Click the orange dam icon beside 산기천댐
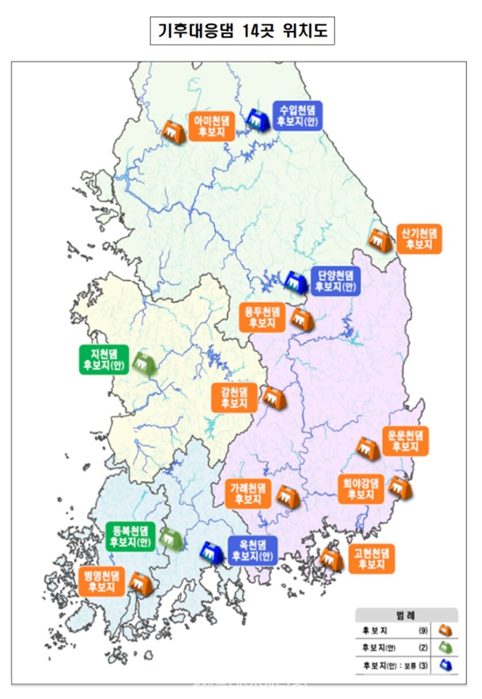pos(380,240)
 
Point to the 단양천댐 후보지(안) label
pos(335,282)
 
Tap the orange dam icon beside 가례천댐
pos(288,496)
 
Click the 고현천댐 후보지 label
pos(371,559)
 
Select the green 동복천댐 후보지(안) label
pos(130,535)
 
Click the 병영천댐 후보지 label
pos(101,582)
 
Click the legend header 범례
pos(406,614)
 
